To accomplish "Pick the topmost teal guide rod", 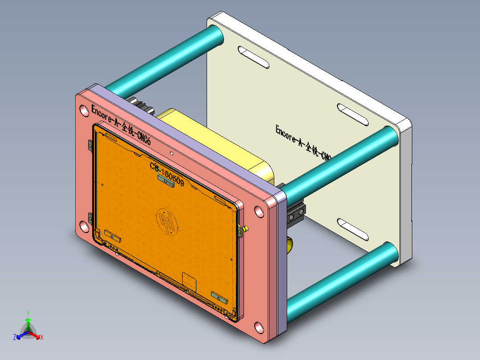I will pos(165,58).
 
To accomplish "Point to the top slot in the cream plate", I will pos(253,57).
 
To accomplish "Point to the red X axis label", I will pos(42,337).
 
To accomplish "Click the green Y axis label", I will pos(28,313).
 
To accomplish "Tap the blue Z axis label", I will pos(15,337).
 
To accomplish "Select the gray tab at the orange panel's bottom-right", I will pos(219,297).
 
